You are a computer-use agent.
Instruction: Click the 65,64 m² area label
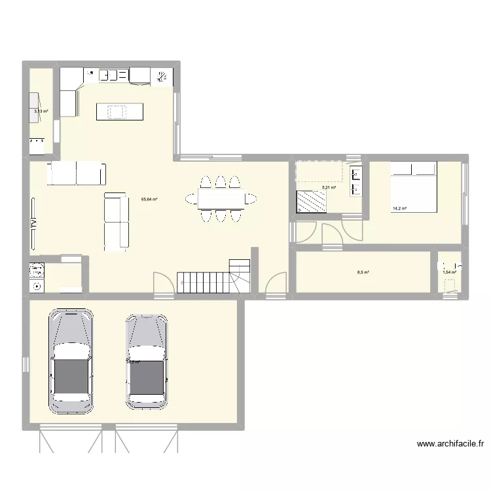[149, 199]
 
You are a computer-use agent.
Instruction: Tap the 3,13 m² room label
[41, 111]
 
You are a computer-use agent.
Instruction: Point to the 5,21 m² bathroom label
[329, 187]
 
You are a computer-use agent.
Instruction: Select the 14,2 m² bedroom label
[399, 209]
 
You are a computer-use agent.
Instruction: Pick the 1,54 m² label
[449, 272]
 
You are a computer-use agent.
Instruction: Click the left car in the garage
[71, 361]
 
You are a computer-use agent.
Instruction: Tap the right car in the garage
[147, 361]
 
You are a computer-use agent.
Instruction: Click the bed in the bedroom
[414, 187]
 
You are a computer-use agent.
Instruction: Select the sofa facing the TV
[117, 221]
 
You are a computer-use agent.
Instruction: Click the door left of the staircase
[164, 283]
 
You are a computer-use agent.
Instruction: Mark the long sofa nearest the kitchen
[76, 174]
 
